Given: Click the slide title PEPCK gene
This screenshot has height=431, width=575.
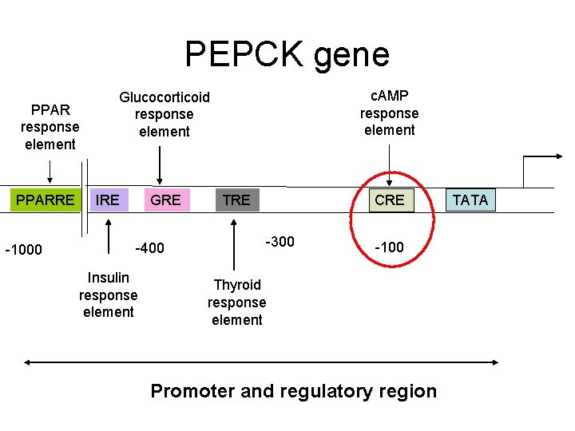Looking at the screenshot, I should (287, 54).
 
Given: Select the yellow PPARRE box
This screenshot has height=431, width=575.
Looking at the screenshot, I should (45, 200).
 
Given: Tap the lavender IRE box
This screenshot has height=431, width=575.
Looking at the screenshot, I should (107, 200).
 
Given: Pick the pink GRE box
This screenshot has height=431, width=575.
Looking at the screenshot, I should (165, 200).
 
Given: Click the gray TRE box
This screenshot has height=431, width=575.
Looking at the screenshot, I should (236, 200).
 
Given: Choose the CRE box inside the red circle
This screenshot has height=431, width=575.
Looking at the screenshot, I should (389, 200).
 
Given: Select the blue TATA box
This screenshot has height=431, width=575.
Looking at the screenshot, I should (470, 200).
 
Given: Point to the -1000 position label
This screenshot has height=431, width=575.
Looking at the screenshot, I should (25, 250).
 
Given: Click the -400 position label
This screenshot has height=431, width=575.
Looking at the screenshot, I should (149, 248).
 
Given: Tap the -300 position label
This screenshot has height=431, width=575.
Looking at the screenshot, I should (280, 242).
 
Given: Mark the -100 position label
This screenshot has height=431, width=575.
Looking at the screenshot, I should (389, 248).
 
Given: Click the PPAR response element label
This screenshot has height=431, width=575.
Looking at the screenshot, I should (50, 127).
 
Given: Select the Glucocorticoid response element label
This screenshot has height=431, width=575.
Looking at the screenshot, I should (164, 114).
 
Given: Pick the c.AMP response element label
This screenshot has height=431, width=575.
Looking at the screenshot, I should (389, 113).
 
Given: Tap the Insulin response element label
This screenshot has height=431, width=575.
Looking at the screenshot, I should (108, 295).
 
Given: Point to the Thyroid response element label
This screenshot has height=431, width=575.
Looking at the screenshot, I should (236, 302).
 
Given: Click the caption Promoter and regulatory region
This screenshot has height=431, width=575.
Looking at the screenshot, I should (293, 391).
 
